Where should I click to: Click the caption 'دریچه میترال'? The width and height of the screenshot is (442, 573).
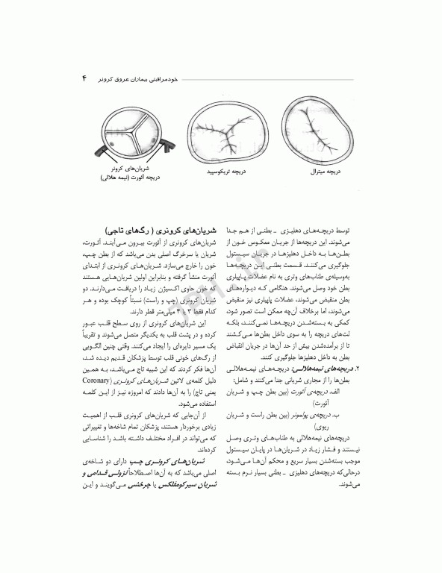tap(324, 172)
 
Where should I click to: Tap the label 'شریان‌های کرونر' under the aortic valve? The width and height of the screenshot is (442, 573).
tap(132, 171)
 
